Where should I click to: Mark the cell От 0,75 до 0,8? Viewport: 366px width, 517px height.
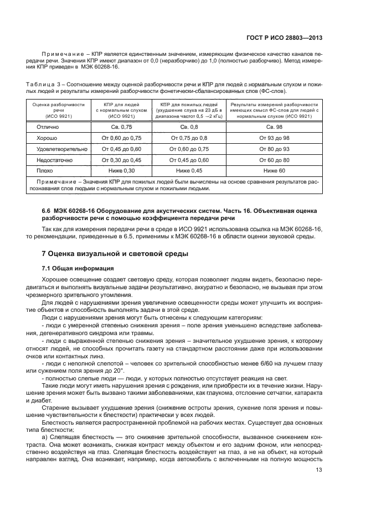click(189, 138)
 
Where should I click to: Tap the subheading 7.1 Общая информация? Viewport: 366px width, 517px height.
click(77, 268)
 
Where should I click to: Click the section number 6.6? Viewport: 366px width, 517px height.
click(47, 210)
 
